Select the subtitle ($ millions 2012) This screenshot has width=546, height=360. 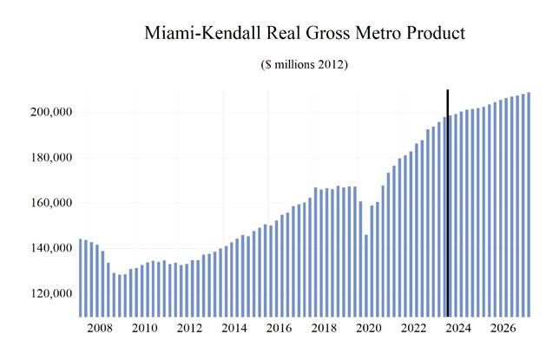304,66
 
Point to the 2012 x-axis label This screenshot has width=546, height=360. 189,329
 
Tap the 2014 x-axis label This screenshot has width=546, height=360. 234,329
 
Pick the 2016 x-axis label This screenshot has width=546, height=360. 279,329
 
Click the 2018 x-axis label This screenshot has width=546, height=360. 324,329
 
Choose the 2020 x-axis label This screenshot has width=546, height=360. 368,329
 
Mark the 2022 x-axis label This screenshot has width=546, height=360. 413,329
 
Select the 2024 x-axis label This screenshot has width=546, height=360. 458,329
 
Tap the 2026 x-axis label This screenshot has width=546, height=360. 503,329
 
